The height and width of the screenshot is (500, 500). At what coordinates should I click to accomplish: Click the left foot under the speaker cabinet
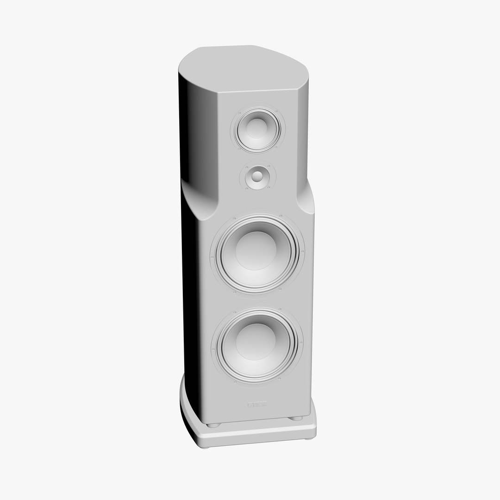coord(213,424)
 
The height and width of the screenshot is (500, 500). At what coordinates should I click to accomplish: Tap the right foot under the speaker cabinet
coord(294,419)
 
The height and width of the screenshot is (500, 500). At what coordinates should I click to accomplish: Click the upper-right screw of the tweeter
coord(268,165)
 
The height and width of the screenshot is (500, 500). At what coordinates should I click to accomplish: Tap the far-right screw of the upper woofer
coord(302,251)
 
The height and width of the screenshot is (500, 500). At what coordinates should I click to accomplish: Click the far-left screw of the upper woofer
coord(212,257)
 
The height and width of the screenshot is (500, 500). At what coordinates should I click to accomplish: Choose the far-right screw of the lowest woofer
coord(302,342)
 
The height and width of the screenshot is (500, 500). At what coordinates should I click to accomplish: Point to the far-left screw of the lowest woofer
coord(213,348)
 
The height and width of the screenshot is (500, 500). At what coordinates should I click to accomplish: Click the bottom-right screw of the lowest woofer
coord(281,379)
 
